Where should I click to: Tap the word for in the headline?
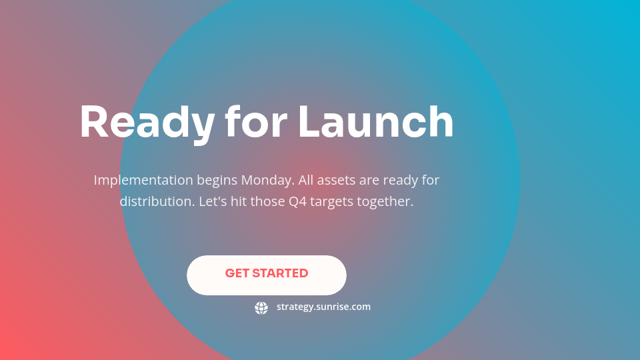point(256,123)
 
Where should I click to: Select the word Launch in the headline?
point(375,123)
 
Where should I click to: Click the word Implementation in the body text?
point(143,180)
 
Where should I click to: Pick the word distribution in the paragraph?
point(157,201)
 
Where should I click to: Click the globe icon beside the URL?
point(261,307)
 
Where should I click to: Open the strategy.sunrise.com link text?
point(323,307)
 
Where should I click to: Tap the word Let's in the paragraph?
point(213,201)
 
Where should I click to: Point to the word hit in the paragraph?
point(238,201)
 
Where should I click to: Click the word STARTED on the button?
point(280,273)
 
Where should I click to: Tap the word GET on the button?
point(237,273)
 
